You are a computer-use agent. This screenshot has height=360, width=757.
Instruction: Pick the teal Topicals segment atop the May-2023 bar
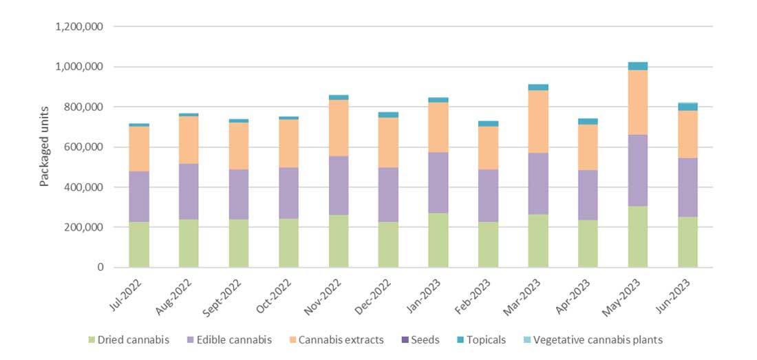point(637,66)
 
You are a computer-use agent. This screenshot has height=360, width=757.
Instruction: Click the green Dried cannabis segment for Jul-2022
point(139,244)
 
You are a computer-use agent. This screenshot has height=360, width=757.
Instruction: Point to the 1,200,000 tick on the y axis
point(78,27)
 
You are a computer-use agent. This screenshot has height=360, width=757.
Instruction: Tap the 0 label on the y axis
point(100,267)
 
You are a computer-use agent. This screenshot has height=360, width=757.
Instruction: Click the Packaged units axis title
point(45,147)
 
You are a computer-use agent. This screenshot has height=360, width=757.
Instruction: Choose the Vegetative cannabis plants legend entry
point(591,339)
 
